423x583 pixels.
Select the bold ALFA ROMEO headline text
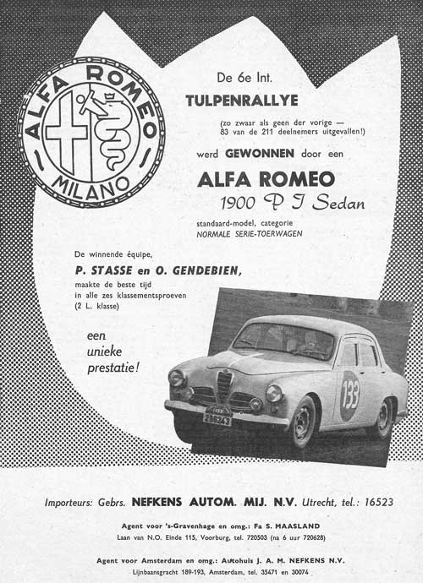click(x=266, y=179)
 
